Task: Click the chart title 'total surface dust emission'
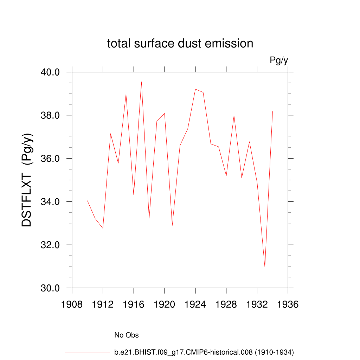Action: tap(180, 44)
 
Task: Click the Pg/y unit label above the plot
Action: tap(279, 60)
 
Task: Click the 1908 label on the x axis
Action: tap(72, 304)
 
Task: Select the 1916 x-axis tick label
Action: tap(134, 304)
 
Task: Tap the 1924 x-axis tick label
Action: tap(195, 304)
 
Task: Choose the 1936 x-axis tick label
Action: tap(288, 304)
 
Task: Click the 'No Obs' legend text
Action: tap(127, 335)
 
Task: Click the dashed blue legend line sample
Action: tap(87, 335)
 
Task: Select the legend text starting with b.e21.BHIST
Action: tap(204, 352)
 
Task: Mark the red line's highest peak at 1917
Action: tap(141, 82)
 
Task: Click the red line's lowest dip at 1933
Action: tap(265, 267)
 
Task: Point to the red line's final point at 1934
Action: tap(272, 111)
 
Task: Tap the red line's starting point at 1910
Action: tap(88, 201)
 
